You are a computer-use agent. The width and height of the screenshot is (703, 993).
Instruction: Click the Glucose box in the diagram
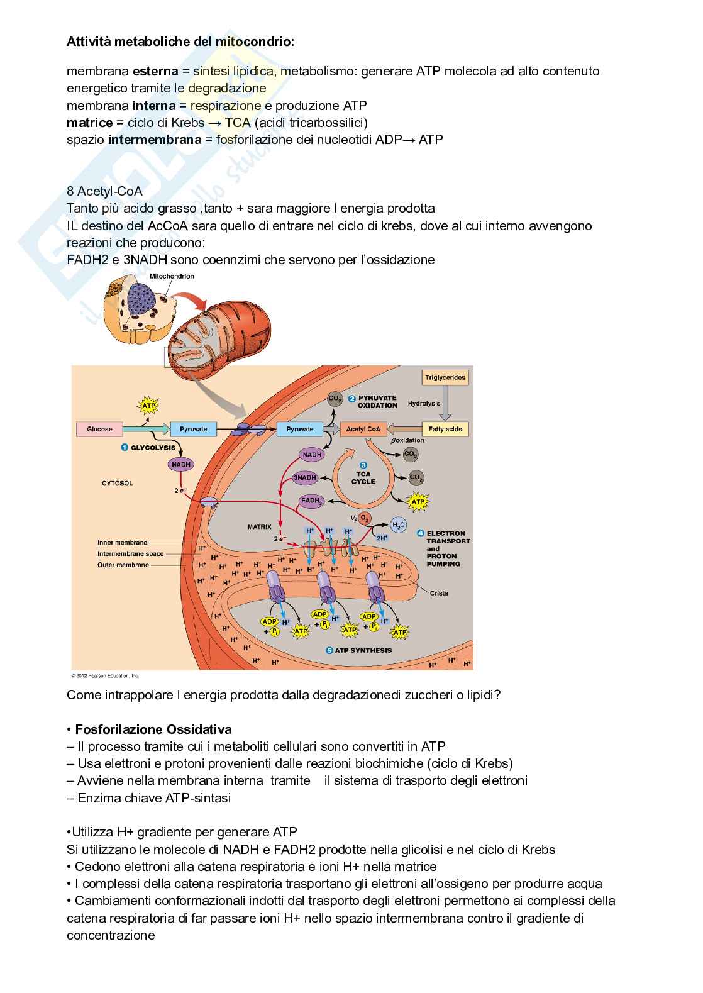[x=99, y=429]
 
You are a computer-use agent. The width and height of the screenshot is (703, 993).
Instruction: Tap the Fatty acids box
[x=445, y=429]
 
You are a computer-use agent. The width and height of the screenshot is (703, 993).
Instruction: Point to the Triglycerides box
[x=445, y=377]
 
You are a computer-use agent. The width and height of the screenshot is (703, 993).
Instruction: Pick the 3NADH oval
[x=304, y=478]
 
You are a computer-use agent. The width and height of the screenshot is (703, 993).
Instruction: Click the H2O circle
[x=399, y=525]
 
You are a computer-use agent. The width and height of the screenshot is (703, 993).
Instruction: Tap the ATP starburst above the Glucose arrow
[x=148, y=406]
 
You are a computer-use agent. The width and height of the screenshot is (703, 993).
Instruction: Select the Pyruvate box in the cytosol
[x=194, y=429]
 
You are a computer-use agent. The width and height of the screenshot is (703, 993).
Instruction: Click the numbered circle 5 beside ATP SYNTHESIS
[x=329, y=651]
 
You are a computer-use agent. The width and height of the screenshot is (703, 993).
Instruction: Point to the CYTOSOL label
[x=118, y=484]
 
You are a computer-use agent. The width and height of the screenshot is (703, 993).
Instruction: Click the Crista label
[x=439, y=593]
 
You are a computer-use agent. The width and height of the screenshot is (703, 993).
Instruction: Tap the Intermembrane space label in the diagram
[x=130, y=554]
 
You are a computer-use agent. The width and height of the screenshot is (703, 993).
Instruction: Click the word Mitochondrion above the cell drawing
[x=171, y=276]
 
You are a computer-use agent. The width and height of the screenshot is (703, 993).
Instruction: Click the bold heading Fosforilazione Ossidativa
[x=153, y=729]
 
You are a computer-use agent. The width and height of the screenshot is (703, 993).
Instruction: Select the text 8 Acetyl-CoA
[x=104, y=191]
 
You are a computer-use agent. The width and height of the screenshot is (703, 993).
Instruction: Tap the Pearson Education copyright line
[x=104, y=676]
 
